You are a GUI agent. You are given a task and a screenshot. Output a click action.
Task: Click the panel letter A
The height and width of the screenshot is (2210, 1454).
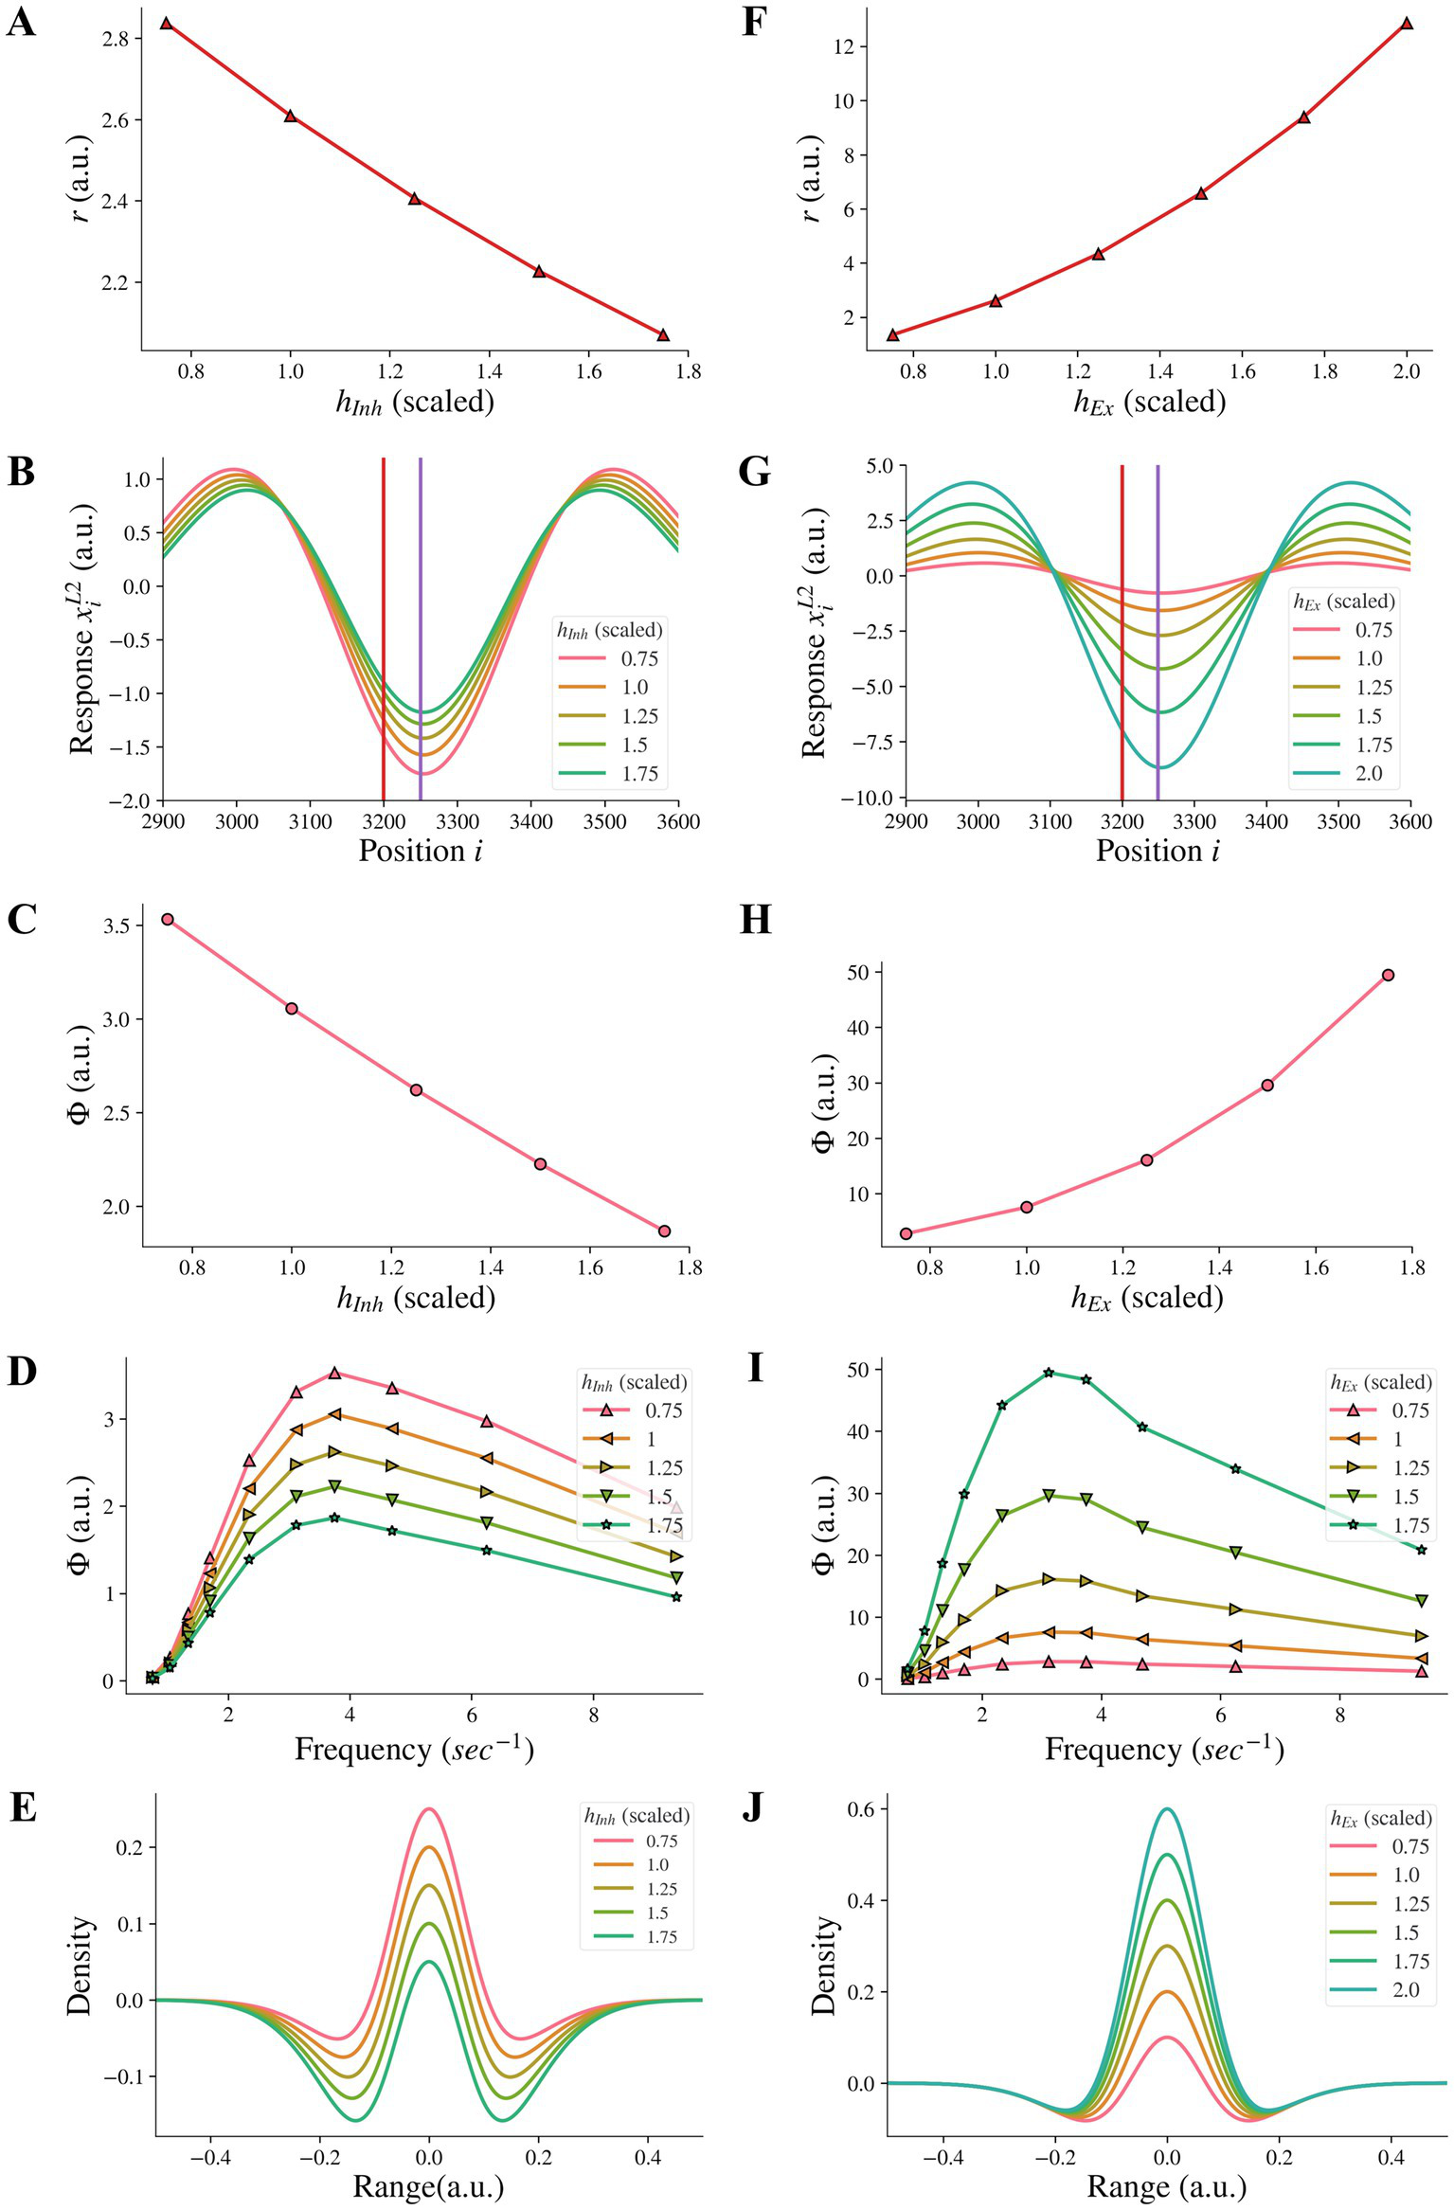click(x=21, y=21)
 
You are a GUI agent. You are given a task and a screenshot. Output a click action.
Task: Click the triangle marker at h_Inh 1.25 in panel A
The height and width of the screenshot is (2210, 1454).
click(x=414, y=199)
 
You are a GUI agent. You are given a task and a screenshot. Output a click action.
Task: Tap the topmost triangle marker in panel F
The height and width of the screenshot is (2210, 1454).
click(x=1407, y=24)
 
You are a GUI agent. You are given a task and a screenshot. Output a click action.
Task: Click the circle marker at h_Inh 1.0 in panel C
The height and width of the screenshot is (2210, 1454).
click(x=292, y=1009)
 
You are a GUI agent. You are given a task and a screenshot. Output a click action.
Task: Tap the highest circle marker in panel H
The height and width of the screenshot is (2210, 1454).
click(x=1388, y=975)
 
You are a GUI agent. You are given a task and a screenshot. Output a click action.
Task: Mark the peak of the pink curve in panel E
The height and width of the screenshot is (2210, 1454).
click(x=429, y=1809)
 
